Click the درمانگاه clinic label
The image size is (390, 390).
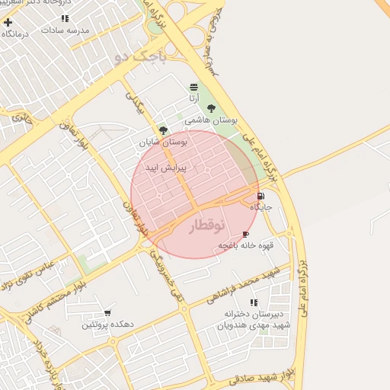(x=15, y=34)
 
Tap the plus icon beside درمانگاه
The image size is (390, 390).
(x=8, y=22)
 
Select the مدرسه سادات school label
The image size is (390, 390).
(x=66, y=30)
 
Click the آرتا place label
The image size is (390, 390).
(x=194, y=98)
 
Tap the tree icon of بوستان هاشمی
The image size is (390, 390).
(x=211, y=108)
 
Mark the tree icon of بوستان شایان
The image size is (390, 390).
(x=163, y=130)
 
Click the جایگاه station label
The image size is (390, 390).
(x=261, y=206)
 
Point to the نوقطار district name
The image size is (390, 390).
(x=206, y=226)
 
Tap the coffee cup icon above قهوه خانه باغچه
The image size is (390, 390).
(x=245, y=234)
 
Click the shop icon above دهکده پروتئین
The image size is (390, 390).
(x=107, y=313)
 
